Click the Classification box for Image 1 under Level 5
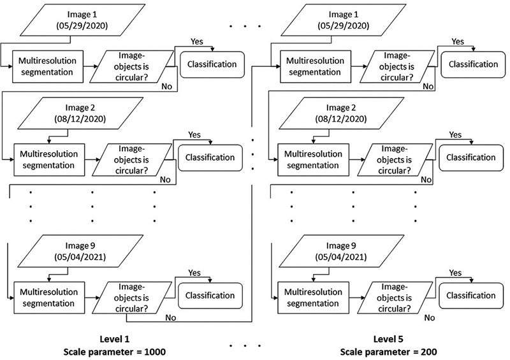pos(473,64)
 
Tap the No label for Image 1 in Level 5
pos(428,86)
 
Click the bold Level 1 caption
pos(114,338)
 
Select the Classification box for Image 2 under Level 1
pos(210,157)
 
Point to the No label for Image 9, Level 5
pos(430,317)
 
